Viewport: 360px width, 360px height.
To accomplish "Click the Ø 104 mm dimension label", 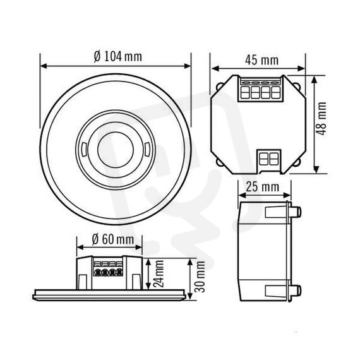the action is pos(118,56).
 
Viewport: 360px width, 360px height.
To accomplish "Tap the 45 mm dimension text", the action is pos(261,61).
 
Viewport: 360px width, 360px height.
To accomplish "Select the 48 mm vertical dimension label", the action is pos(321,119).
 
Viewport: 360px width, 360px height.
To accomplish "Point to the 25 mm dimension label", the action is pos(263,187).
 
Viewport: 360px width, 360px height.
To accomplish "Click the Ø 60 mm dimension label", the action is pos(113,239).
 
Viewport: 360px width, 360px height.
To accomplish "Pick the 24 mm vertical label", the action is pos(159,273).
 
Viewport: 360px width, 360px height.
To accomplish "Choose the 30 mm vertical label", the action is pos(200,277).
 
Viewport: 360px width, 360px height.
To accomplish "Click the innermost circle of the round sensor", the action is pos(116,150).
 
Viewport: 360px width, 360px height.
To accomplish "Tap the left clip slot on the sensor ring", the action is pos(84,150).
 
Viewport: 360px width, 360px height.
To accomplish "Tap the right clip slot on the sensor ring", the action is pos(147,150).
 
